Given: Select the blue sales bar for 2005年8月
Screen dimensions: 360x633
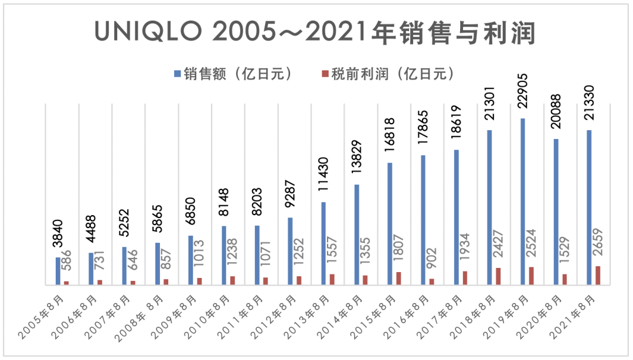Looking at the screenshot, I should [58, 271].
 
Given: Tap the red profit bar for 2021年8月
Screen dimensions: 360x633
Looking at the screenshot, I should [597, 276].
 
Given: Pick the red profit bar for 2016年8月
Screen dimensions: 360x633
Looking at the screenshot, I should [431, 281].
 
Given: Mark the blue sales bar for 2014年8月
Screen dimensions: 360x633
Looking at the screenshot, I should [356, 235].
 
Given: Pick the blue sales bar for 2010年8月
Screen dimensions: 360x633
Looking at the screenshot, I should [224, 255].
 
